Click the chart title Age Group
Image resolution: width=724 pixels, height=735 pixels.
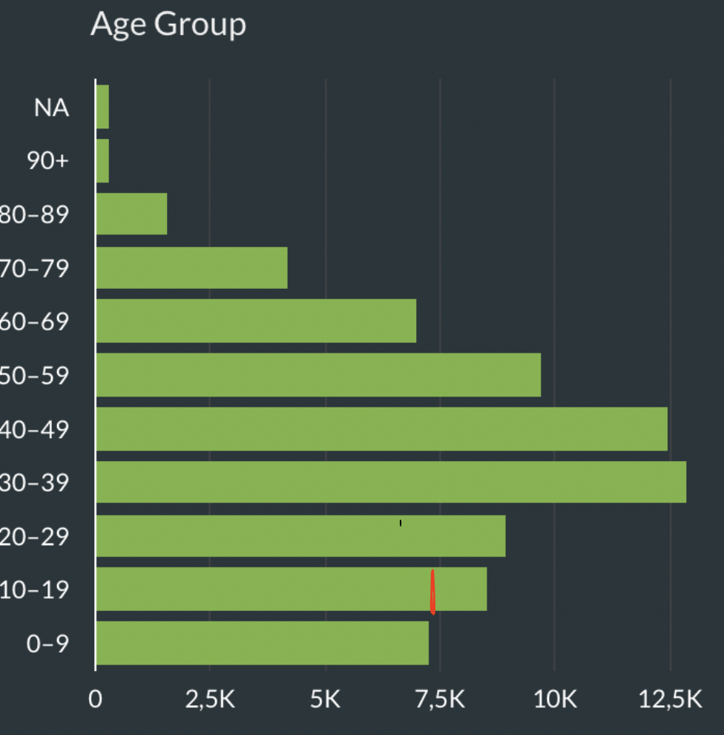coord(168,25)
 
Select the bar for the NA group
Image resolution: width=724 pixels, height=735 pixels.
coord(102,107)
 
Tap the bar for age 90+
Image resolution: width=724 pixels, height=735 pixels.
coord(102,161)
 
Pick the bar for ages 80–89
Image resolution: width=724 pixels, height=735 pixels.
coord(131,214)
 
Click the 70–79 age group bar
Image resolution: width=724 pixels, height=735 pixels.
coord(191,267)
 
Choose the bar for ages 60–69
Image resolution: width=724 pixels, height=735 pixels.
coord(256,321)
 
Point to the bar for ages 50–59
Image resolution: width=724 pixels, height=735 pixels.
coord(318,375)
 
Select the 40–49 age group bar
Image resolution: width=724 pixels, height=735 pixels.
coord(381,429)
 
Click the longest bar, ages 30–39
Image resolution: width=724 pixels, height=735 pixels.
coord(391,483)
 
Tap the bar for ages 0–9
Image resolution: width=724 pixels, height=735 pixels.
coord(262,643)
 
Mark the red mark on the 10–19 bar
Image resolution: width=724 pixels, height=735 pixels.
coord(432,592)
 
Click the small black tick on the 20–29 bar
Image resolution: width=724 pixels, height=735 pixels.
coord(401,523)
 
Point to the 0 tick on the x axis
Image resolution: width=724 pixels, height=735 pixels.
coord(96,699)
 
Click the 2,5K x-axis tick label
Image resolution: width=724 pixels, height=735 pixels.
coord(209,699)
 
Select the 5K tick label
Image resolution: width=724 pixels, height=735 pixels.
coord(325,699)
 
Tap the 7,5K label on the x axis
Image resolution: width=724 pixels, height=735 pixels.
coord(440,699)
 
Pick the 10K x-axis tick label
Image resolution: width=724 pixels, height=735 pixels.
coord(556,699)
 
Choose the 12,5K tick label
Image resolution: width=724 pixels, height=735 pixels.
coord(671,699)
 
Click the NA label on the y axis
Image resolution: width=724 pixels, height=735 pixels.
coord(51,108)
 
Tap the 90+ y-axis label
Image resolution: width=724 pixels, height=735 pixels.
coord(47,161)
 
